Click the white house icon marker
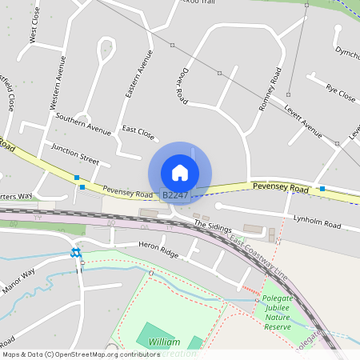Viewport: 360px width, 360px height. [x=180, y=173]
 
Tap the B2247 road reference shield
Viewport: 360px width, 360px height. [x=174, y=195]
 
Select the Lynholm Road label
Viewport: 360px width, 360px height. [x=317, y=218]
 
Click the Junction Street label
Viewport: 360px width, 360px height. [x=74, y=153]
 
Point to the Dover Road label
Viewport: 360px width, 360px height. [x=181, y=86]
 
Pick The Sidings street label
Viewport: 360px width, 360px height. [x=211, y=227]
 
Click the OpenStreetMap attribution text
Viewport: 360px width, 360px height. [x=81, y=354]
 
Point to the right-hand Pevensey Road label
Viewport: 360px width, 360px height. [x=280, y=187]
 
